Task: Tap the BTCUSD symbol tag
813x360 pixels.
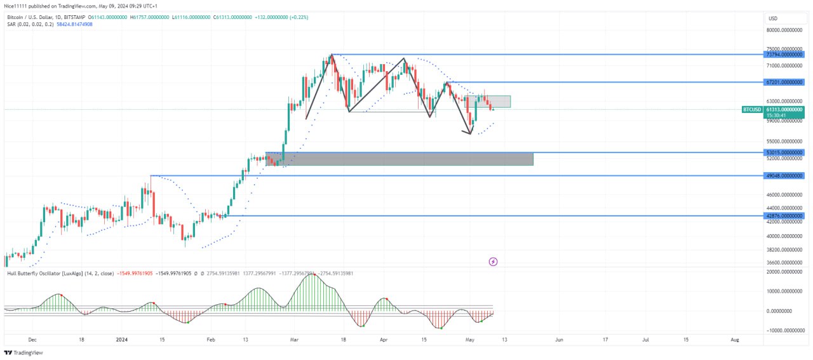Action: click(x=752, y=109)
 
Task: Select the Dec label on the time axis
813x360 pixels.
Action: click(x=32, y=340)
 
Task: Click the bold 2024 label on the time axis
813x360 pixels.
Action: click(x=121, y=340)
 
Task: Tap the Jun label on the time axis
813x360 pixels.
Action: click(x=559, y=340)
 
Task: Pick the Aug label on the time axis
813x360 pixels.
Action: click(x=735, y=340)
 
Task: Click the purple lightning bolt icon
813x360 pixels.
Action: click(x=493, y=262)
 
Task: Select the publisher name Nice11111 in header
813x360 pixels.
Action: click(x=18, y=5)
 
